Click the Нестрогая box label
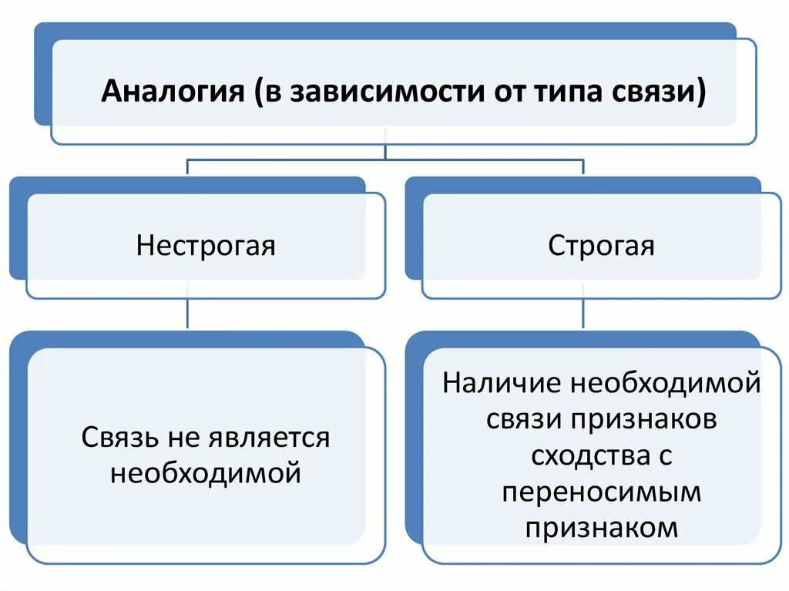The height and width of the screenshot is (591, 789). tap(206, 246)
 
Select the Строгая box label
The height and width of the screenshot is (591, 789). tap(601, 246)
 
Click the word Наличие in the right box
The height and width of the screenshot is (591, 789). tap(502, 383)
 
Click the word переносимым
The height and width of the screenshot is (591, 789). tap(602, 491)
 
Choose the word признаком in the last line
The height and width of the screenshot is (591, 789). tap(602, 527)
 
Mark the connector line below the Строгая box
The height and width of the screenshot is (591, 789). tap(583, 314)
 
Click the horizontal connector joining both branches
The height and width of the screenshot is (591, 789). tap(385, 160)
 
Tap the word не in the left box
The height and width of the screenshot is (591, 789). tap(180, 438)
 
